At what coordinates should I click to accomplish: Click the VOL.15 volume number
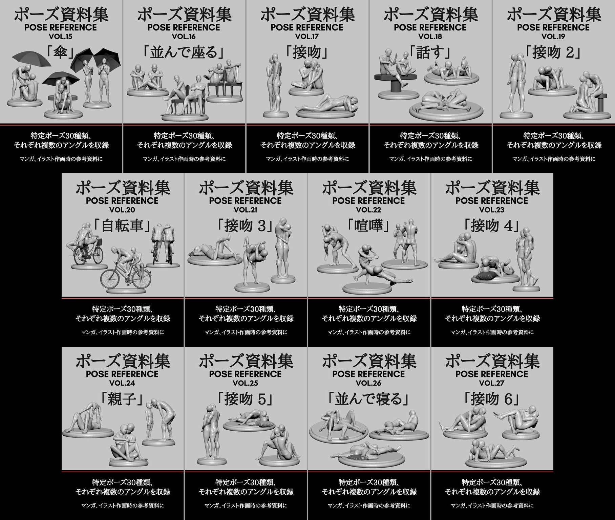click(x=61, y=37)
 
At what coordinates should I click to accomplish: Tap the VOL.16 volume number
click(x=184, y=37)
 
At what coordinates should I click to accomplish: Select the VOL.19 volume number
click(x=553, y=37)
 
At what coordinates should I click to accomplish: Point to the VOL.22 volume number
click(x=368, y=210)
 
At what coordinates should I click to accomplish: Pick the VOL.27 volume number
click(x=492, y=383)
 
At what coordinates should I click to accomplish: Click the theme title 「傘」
click(x=61, y=52)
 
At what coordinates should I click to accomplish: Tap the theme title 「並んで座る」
click(x=184, y=52)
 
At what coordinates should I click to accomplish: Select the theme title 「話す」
click(x=430, y=52)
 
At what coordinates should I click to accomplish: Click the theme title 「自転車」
click(x=123, y=226)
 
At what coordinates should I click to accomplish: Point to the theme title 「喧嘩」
click(x=369, y=226)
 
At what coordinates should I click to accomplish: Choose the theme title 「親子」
click(x=122, y=399)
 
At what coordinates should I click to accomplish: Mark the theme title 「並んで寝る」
click(x=368, y=399)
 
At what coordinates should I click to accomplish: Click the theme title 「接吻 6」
click(x=492, y=399)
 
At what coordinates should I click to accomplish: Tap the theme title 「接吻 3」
click(x=245, y=226)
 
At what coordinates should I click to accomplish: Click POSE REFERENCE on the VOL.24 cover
click(x=122, y=374)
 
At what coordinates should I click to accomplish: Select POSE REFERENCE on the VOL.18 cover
click(x=430, y=27)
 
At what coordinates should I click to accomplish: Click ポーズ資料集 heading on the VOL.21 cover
click(x=246, y=188)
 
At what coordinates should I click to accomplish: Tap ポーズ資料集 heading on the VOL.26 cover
click(x=369, y=361)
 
